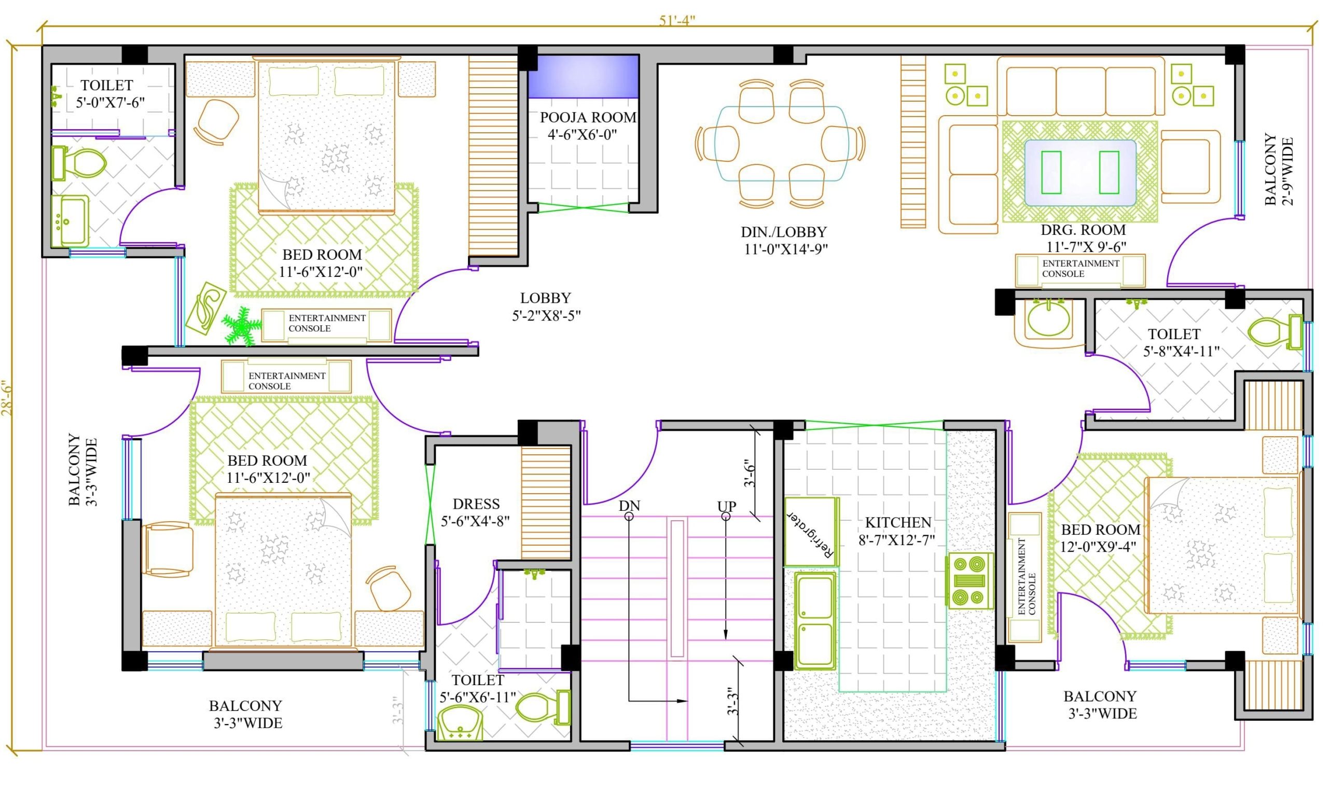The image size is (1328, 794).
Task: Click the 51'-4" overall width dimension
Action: tap(676, 20)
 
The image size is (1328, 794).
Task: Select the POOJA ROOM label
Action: tap(588, 118)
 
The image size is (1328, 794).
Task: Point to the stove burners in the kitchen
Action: tap(970, 580)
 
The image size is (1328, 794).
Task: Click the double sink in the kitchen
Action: tap(814, 621)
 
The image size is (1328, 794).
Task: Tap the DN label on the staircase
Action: tap(629, 506)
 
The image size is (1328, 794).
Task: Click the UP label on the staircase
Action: tap(726, 506)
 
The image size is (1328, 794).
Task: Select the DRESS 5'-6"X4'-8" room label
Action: tap(475, 512)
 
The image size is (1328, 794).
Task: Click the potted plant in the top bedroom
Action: tap(241, 324)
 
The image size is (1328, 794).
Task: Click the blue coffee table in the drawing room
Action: tap(1080, 172)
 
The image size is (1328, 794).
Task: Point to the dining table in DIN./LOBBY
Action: tap(781, 143)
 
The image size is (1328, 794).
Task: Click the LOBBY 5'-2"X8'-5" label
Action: tap(546, 307)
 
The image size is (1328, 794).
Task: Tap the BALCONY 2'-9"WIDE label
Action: tap(1278, 170)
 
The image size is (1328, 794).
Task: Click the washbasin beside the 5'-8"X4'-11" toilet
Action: tap(1048, 320)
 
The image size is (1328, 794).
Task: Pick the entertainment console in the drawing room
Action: tap(1080, 270)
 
